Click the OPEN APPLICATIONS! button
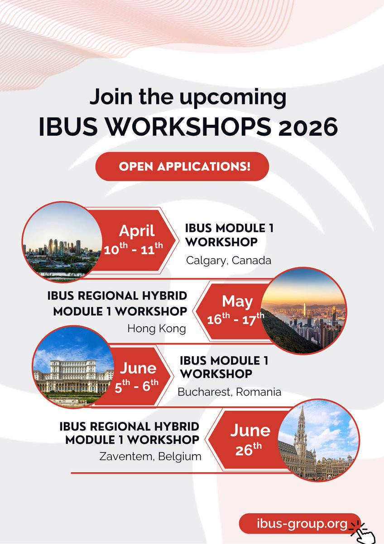pos(182,167)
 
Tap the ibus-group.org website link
pos(302,523)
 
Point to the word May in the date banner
pos(237,302)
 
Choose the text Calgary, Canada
pos(229,260)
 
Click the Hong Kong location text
pos(157,328)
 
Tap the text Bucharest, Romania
pos(229,392)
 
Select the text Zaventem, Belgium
pos(150,456)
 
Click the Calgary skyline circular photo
pos(62,242)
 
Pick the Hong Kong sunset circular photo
pos(304,311)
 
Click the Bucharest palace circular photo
pos(73,367)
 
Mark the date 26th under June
pos(248,449)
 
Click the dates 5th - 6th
pos(136,386)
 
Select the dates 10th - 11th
pos(133,249)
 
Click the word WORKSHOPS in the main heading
pos(188,127)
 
